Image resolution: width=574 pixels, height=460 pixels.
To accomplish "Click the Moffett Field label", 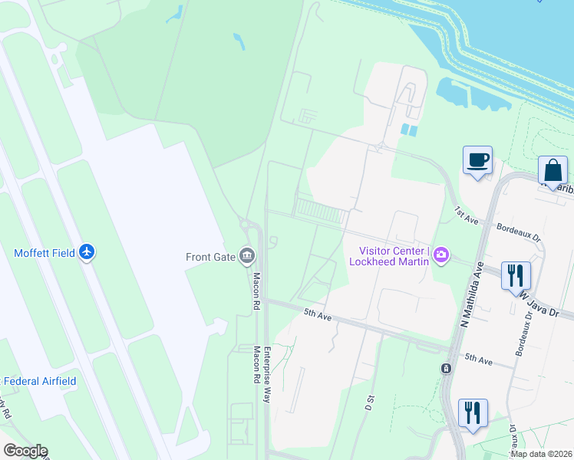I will tap(45, 253).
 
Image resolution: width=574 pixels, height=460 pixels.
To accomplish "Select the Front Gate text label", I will tap(209, 257).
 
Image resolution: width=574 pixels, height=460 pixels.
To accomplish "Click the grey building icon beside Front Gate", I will tap(246, 255).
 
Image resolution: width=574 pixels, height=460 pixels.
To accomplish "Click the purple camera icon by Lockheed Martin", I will tap(440, 255).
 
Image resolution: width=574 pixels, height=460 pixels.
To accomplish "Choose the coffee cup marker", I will tap(477, 161).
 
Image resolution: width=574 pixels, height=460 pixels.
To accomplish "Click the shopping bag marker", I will tap(553, 169).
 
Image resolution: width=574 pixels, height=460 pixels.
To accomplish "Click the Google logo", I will tap(25, 451).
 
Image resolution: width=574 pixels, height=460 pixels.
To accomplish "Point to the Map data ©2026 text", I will tap(540, 454).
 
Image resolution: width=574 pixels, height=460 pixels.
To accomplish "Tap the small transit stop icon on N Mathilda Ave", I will tap(446, 369).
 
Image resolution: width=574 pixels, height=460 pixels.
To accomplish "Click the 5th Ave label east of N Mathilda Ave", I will tap(481, 358).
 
